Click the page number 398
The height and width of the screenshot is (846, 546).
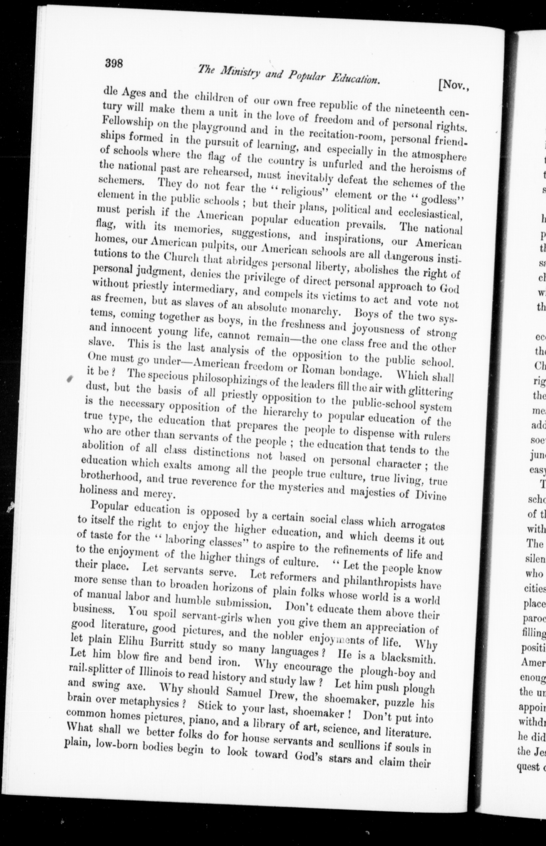(x=114, y=64)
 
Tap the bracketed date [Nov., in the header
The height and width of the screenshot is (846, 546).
(x=454, y=85)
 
